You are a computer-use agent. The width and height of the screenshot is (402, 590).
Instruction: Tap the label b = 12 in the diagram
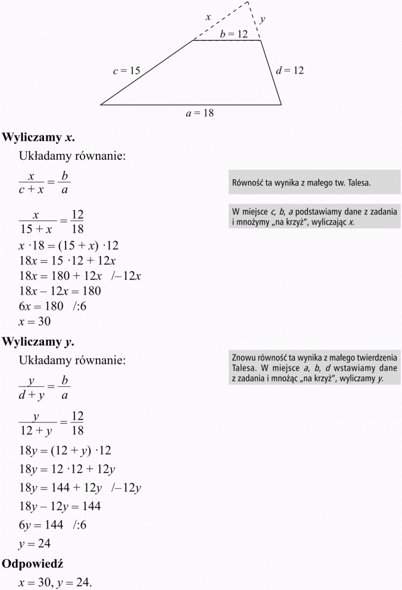click(233, 35)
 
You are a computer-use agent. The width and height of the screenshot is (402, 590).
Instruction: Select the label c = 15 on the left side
click(126, 71)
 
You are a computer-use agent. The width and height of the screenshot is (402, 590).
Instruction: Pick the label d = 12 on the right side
click(290, 70)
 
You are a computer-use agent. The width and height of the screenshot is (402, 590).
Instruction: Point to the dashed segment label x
click(208, 18)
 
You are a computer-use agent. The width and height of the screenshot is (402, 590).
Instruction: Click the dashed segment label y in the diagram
click(263, 20)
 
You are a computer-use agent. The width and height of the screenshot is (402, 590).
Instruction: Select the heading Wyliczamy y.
click(39, 341)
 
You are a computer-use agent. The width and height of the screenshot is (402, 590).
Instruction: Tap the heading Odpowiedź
click(33, 563)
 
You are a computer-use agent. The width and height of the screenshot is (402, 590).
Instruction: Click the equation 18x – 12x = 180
click(60, 291)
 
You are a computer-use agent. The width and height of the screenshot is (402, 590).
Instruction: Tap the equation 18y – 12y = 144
click(60, 506)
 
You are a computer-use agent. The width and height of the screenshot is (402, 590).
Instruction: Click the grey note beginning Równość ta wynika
click(314, 183)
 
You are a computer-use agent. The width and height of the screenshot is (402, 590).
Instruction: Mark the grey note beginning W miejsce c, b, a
click(314, 217)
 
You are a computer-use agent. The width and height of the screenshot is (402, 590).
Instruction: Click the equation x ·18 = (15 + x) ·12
click(70, 245)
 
